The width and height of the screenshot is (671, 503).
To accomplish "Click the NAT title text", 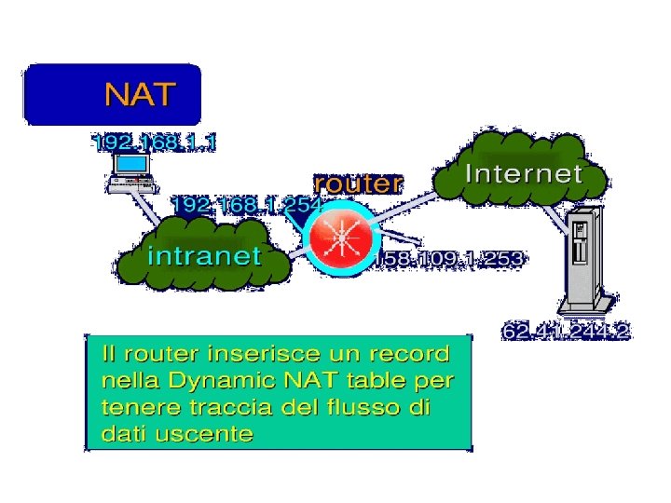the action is pyautogui.click(x=139, y=95).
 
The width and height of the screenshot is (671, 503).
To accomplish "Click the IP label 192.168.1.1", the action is pyautogui.click(x=155, y=143).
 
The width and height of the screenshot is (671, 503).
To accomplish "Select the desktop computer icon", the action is pyautogui.click(x=129, y=171).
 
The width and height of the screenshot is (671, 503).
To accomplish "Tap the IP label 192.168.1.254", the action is pyautogui.click(x=246, y=204).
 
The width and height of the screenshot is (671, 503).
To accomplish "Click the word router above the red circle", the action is pyautogui.click(x=358, y=184).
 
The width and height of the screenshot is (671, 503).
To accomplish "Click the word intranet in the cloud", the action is pyautogui.click(x=205, y=255).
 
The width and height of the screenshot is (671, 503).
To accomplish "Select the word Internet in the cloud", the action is pyautogui.click(x=523, y=173).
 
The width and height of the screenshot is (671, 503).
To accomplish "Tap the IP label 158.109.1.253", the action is pyautogui.click(x=448, y=258).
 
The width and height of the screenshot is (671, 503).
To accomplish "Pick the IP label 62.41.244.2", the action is pyautogui.click(x=565, y=332).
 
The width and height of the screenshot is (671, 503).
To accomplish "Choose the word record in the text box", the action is pyautogui.click(x=408, y=354).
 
